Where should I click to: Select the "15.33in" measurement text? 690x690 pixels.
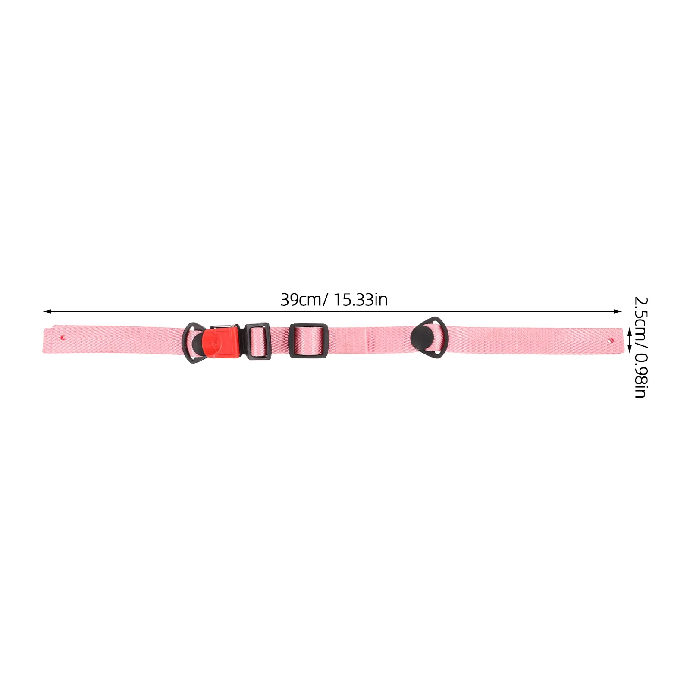pyautogui.click(x=361, y=300)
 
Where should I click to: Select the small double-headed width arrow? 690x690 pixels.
pyautogui.click(x=629, y=340)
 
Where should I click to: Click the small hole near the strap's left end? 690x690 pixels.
pyautogui.click(x=63, y=338)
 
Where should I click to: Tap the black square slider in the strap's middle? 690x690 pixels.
pyautogui.click(x=308, y=341)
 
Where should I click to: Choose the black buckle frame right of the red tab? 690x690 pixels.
pyautogui.click(x=258, y=341)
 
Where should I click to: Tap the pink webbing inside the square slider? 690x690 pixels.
pyautogui.click(x=308, y=341)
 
